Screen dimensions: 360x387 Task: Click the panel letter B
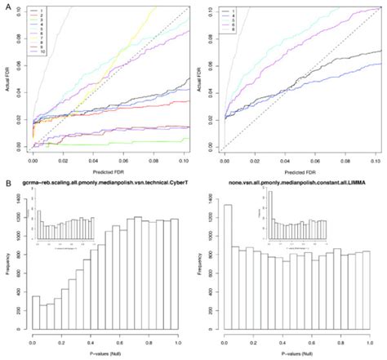7,185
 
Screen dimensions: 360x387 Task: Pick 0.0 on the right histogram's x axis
223,344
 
